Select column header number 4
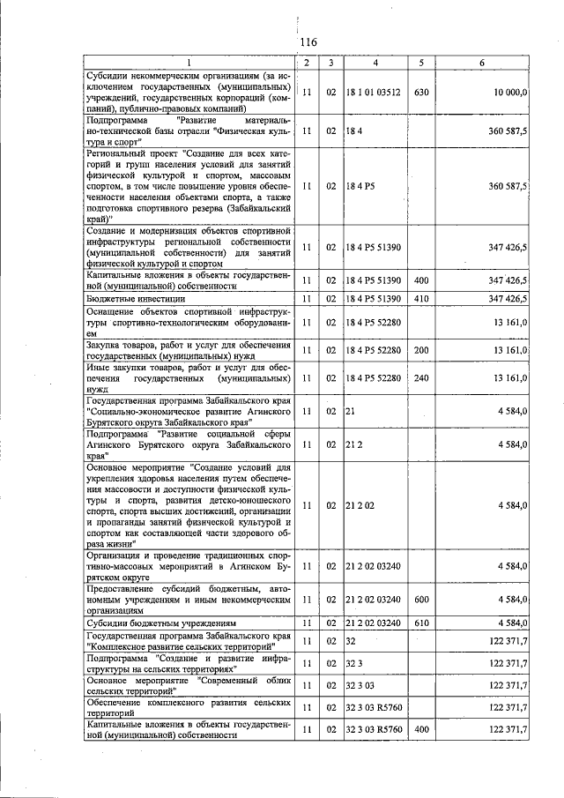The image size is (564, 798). click(375, 62)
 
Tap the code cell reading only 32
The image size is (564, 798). click(352, 640)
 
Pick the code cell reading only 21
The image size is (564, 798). click(351, 411)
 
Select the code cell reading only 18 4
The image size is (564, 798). click(354, 131)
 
